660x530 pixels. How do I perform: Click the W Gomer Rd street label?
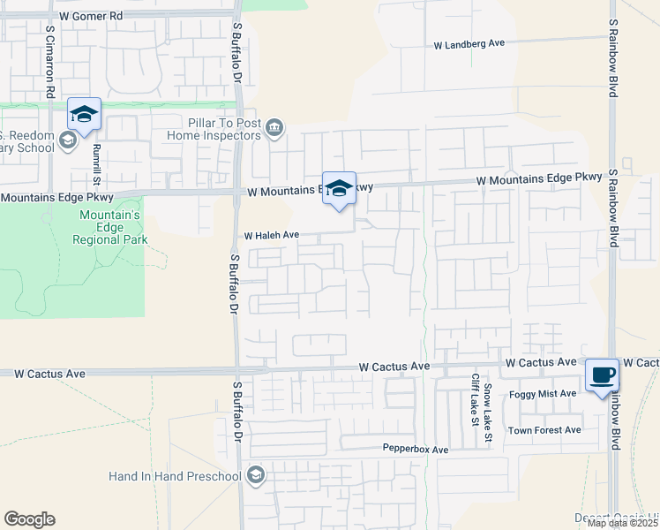(90, 16)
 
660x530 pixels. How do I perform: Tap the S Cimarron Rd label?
(50, 61)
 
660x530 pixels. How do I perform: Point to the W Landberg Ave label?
(469, 43)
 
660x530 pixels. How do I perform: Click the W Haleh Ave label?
(272, 236)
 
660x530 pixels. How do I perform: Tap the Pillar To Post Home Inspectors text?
(223, 129)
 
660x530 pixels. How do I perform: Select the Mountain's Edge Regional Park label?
(110, 228)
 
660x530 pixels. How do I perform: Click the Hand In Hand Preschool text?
(175, 476)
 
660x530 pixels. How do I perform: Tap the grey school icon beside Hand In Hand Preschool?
(256, 476)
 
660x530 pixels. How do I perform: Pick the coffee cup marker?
(602, 375)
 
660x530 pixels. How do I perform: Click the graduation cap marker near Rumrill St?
(84, 114)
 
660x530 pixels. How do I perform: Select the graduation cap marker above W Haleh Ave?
(339, 188)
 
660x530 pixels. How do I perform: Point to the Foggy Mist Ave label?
(543, 394)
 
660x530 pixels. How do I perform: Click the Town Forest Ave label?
(544, 430)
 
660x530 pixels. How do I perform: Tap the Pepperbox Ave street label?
(416, 450)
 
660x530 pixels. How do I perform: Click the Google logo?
(29, 519)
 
